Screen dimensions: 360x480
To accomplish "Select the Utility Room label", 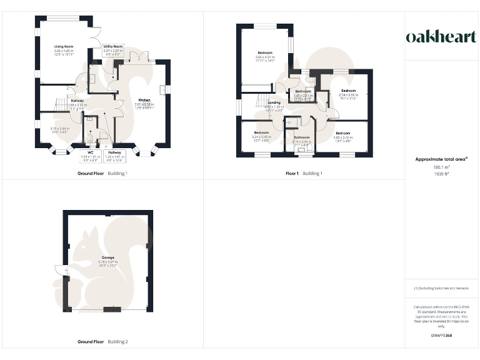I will tap(114, 46).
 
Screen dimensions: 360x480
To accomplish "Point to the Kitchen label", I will tap(144, 99).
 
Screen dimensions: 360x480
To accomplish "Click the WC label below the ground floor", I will tap(90, 152).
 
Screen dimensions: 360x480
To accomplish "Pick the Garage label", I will tap(108, 257).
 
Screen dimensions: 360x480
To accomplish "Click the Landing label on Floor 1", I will tap(274, 102).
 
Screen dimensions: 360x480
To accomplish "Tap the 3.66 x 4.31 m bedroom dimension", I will tap(265, 57).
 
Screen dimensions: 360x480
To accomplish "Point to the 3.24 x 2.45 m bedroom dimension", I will tap(260, 137).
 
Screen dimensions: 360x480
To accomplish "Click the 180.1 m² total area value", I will tap(441, 167).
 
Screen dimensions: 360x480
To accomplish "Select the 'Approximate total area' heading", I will tap(441, 159).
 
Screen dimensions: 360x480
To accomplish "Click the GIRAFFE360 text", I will tap(441, 336).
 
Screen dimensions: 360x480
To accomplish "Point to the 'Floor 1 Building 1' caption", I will tap(304, 173).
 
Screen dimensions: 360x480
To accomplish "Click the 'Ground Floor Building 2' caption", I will tap(102, 342).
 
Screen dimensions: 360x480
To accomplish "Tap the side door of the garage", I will tap(59, 270).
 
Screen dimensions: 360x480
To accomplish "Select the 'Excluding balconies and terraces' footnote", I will tap(441, 288).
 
